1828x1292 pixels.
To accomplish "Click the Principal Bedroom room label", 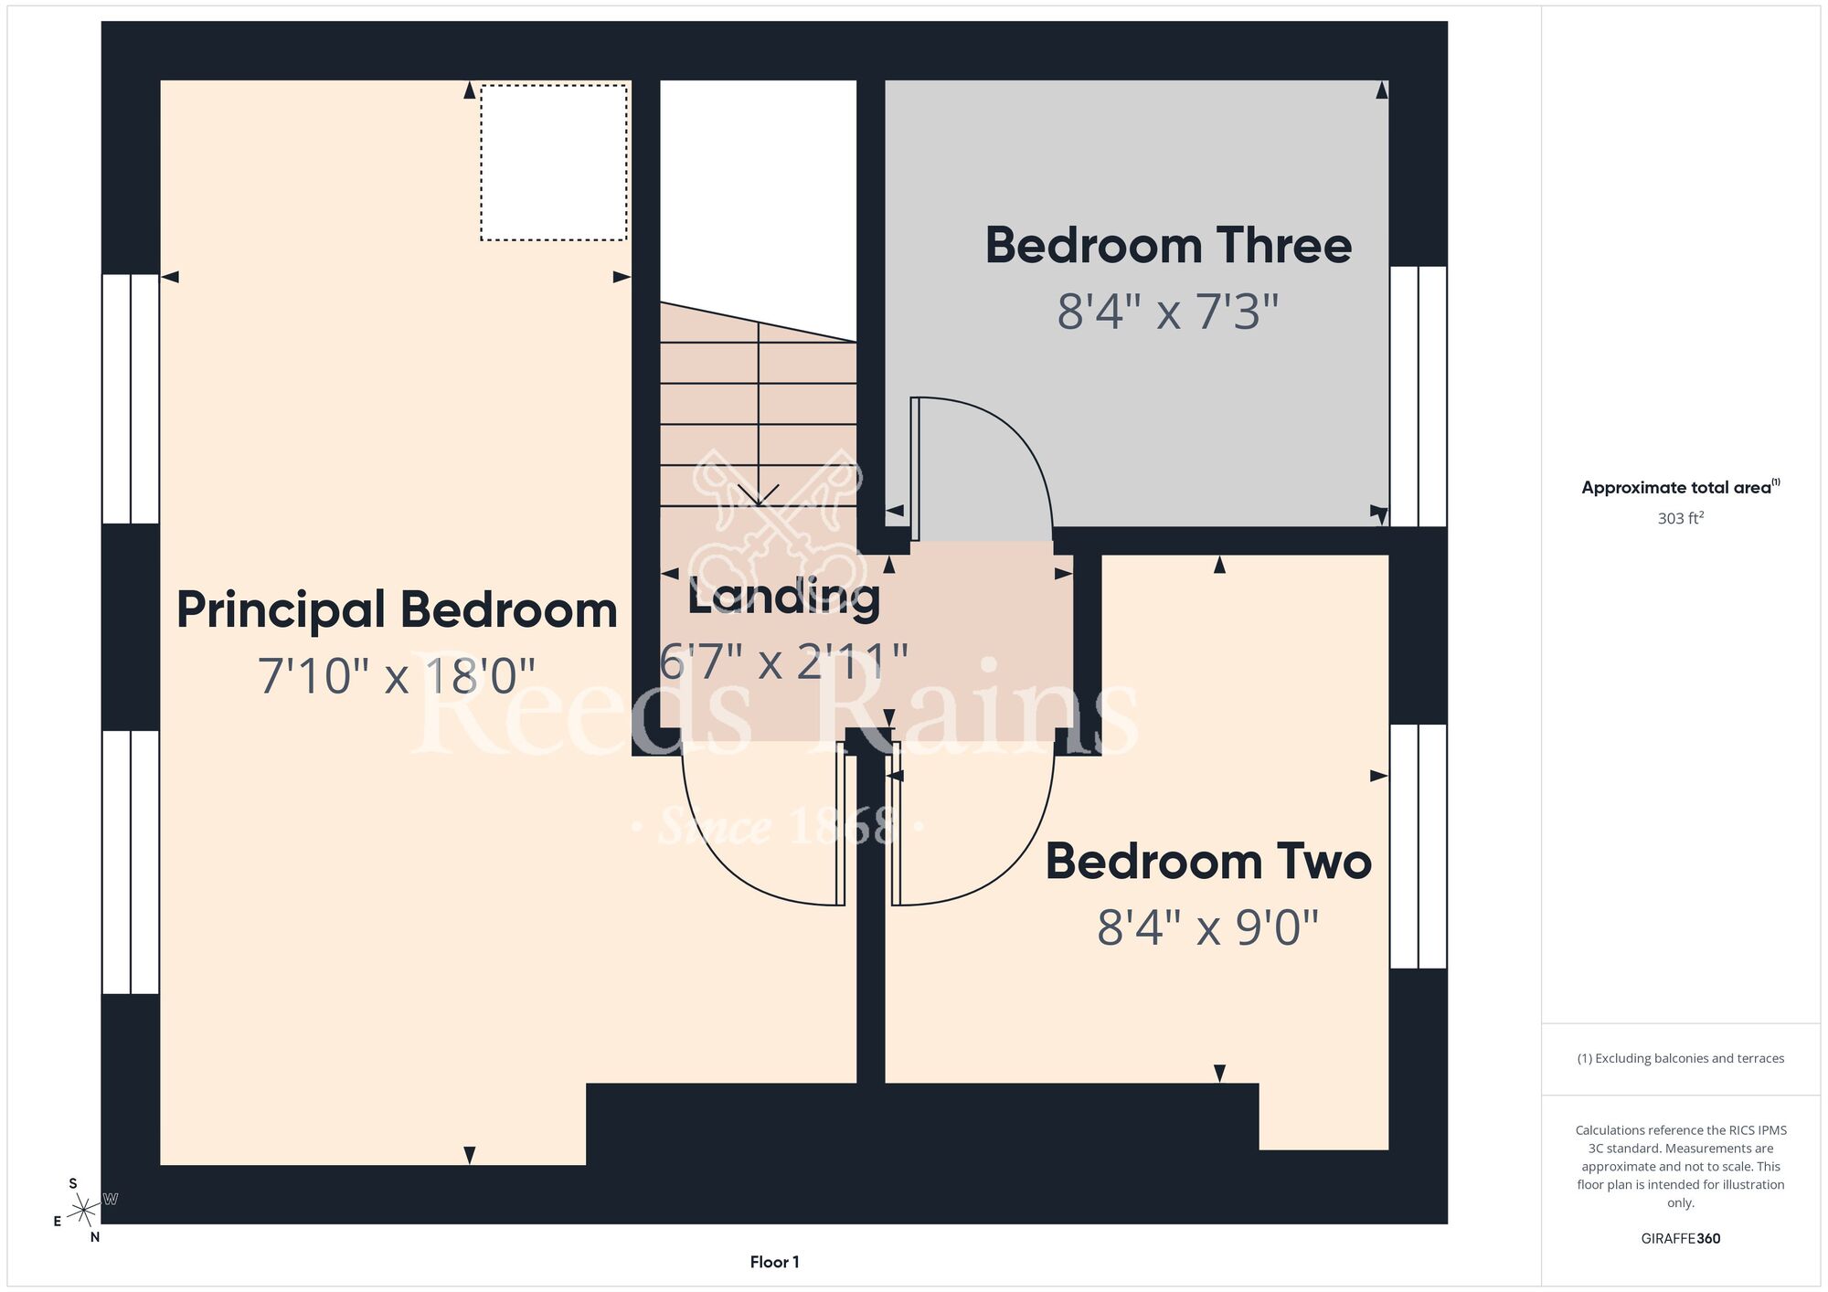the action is click(397, 610).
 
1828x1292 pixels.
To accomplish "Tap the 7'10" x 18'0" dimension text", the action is click(397, 676).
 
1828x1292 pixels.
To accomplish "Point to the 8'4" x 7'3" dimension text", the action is click(1168, 312).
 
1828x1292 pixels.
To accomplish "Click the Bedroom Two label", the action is click(1208, 862).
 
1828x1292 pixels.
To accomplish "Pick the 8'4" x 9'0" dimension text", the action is click(1208, 927).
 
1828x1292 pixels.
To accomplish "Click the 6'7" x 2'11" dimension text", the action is click(784, 662).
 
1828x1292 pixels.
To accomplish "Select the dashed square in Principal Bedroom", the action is click(554, 163).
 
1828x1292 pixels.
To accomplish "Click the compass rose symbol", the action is click(84, 1211).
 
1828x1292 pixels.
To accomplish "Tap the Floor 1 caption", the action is click(774, 1262).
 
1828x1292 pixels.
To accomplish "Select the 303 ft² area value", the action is click(1681, 518).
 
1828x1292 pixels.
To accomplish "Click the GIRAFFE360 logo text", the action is click(1681, 1239).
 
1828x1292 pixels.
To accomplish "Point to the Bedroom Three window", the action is click(1419, 397).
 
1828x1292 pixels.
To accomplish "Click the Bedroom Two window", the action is click(1419, 846).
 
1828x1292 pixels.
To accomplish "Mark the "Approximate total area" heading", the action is click(1681, 487).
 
